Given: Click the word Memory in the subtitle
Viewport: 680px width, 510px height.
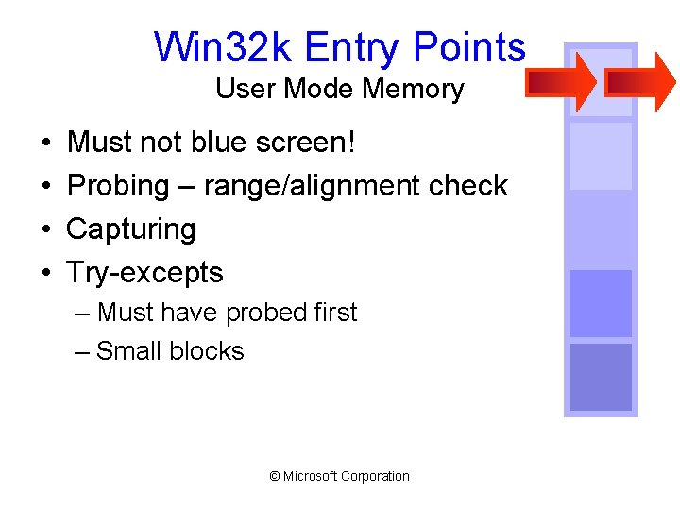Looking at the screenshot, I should point(422,90).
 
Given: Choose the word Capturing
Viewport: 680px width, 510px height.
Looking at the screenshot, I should point(131,229).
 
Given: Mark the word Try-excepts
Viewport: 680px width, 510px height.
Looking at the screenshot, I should point(144,273).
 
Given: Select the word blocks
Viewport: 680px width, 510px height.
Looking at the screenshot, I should point(208,351).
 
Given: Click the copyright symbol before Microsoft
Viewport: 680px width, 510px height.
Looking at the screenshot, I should point(275,477).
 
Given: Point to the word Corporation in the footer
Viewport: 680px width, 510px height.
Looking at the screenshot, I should point(376,477).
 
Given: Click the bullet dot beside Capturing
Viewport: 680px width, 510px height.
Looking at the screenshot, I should point(46,229).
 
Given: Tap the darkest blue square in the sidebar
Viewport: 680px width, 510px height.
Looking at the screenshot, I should point(601,378).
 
